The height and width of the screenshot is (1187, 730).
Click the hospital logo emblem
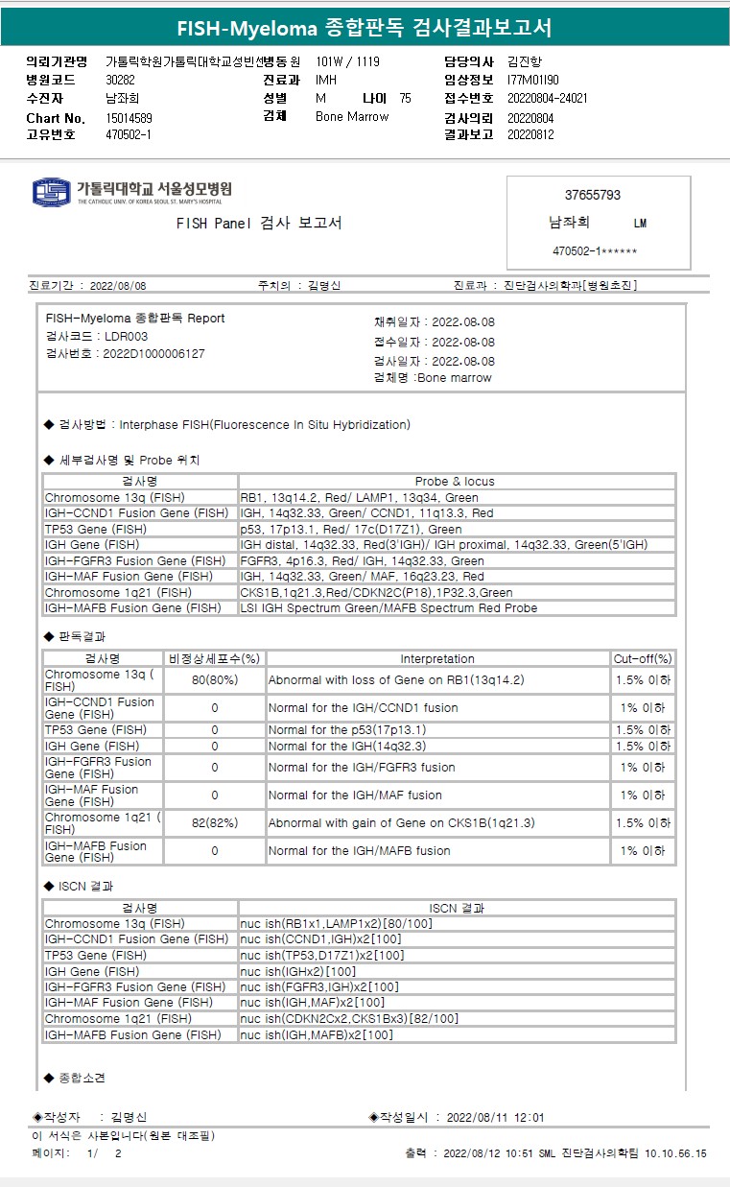(52, 191)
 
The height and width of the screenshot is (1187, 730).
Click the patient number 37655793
(592, 195)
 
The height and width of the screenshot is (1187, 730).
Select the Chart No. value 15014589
(129, 118)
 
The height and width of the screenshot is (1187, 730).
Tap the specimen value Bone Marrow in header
(352, 117)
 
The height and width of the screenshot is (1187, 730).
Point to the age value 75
(405, 99)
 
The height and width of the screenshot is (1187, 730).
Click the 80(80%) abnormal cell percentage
(215, 680)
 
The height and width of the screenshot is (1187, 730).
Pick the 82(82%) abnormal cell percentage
(215, 823)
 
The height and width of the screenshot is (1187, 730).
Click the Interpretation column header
(437, 659)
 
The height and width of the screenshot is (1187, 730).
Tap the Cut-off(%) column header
(643, 659)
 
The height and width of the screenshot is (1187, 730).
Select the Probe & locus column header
(455, 482)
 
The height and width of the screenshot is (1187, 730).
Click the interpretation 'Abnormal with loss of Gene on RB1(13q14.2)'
(395, 680)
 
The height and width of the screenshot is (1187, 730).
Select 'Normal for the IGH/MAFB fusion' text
(359, 851)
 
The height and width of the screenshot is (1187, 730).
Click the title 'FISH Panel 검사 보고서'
(259, 224)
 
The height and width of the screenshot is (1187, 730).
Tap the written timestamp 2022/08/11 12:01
(496, 1117)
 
